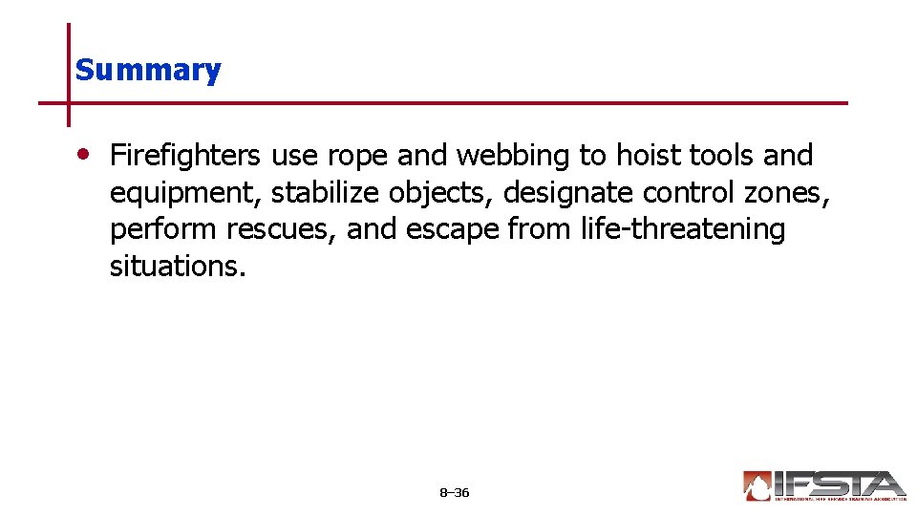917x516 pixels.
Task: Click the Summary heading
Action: click(x=148, y=70)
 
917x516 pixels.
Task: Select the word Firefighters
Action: click(x=184, y=155)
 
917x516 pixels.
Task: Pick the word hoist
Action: click(x=648, y=155)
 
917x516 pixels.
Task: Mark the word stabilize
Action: click(x=325, y=192)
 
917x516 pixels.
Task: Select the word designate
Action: click(x=568, y=193)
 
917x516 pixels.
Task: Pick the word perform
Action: click(x=163, y=230)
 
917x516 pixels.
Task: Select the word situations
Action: click(x=178, y=266)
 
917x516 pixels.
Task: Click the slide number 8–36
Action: click(x=454, y=493)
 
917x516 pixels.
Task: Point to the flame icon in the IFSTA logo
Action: click(x=757, y=486)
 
